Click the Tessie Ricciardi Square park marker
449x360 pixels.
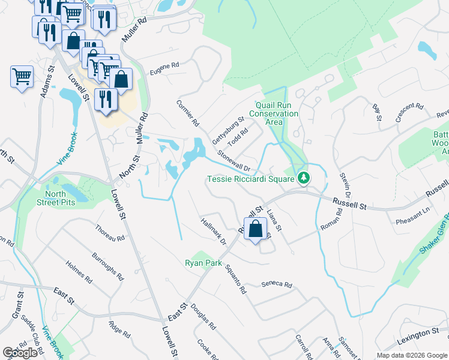click(x=304, y=178)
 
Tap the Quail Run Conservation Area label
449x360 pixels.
click(x=273, y=113)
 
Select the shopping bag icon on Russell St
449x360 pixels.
click(x=256, y=229)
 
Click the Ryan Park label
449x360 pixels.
click(x=203, y=263)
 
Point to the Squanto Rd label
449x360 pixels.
click(x=235, y=280)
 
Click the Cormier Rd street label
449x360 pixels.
click(x=187, y=113)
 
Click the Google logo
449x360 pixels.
click(x=20, y=353)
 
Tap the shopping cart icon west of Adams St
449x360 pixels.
click(x=22, y=77)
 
